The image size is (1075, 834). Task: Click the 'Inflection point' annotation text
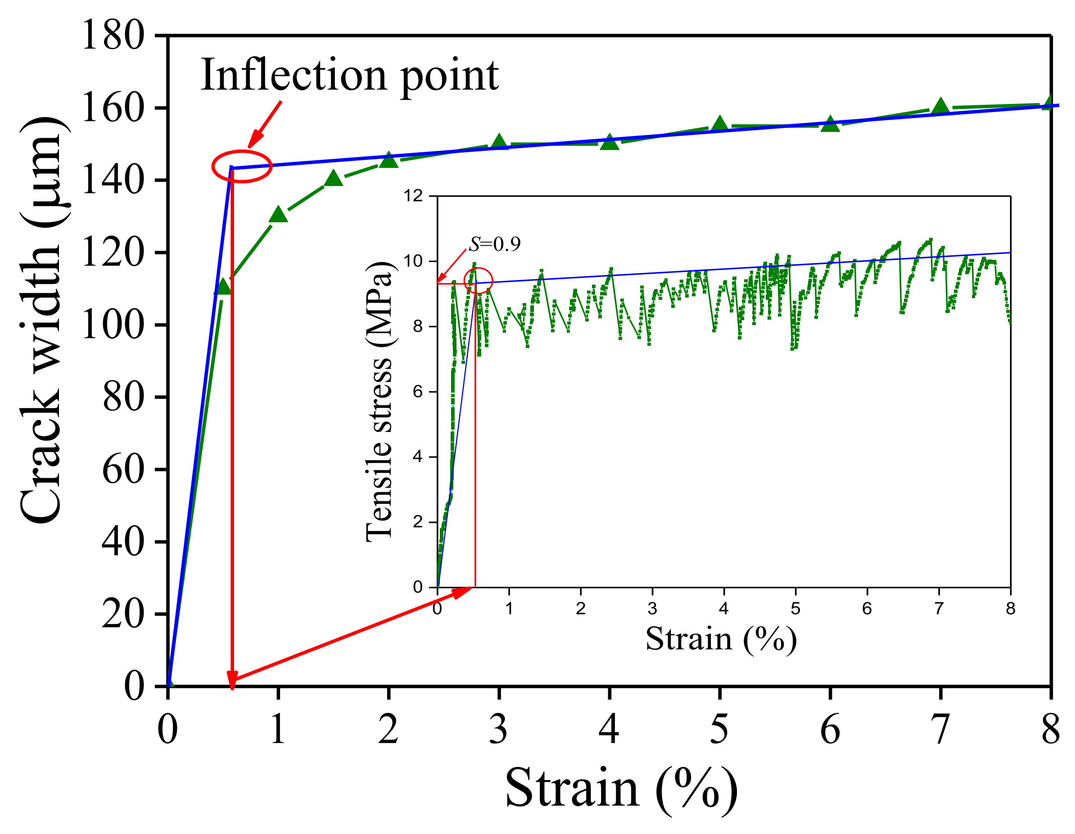(349, 75)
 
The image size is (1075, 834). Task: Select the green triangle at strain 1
(279, 215)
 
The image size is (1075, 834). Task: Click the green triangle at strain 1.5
(334, 178)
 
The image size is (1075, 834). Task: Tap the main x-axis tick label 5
(719, 730)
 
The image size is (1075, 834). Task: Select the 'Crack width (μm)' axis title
(42, 320)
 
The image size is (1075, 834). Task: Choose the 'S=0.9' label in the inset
(494, 244)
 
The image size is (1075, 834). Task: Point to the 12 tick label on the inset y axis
(413, 196)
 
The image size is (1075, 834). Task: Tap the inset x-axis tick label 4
(723, 609)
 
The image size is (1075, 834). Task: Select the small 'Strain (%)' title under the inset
(721, 639)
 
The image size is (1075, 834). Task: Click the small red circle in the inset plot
(478, 281)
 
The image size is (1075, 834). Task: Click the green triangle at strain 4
(610, 142)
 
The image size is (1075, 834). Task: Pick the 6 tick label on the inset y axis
(418, 392)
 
